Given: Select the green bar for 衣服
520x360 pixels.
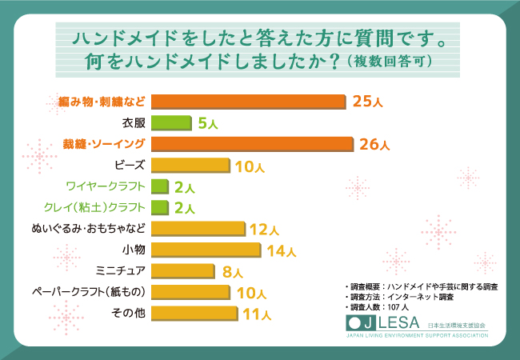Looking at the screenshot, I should pos(171,123).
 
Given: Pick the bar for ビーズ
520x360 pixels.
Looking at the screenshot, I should pos(190,166).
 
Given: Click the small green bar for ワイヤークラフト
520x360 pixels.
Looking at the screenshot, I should pos(159,186).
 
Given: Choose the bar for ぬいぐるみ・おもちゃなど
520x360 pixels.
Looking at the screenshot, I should pos(198,229).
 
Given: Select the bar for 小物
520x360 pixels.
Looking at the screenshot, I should pos(206,250).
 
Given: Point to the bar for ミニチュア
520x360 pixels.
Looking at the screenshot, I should pos(182,270).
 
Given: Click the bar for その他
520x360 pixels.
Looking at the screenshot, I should pos(194,313).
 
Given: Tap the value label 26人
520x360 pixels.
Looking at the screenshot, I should pos(374,145).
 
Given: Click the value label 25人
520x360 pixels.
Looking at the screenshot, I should pos(365,102).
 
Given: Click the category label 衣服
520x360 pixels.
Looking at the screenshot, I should pos(134,123).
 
